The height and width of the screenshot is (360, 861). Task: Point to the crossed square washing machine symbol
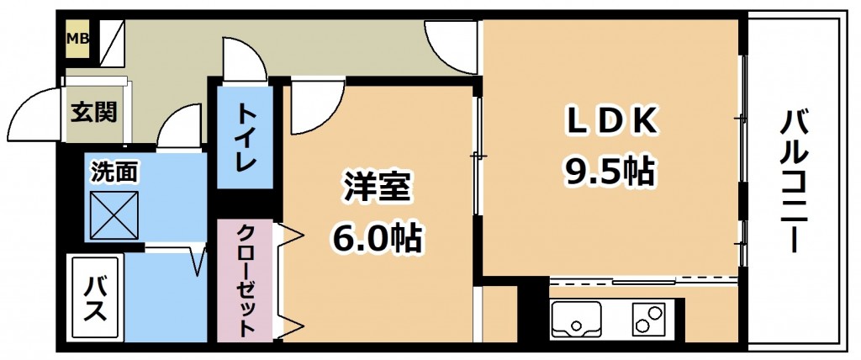[x=114, y=216]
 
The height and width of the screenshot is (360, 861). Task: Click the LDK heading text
[x=611, y=123]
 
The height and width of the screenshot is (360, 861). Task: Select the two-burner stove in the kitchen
[x=648, y=320]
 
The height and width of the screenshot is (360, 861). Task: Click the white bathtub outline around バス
[x=94, y=299]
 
